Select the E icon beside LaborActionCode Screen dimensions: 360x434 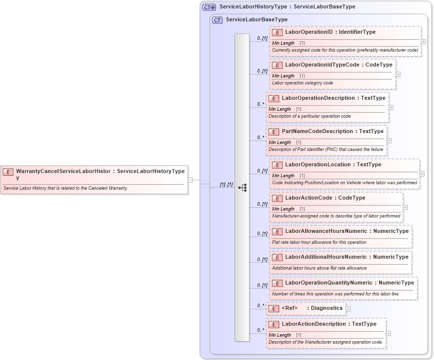coord(277,198)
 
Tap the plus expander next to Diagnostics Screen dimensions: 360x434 coord(348,308)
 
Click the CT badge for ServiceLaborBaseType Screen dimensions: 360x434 coord(217,20)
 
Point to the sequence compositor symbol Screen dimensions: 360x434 coord(243,187)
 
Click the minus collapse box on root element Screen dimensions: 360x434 coord(190,180)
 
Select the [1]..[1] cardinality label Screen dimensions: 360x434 coord(226,184)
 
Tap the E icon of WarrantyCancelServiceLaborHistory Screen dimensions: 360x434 coord(8,172)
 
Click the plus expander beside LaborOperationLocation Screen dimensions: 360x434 coord(422,174)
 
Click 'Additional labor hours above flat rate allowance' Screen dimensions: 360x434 coord(319,268)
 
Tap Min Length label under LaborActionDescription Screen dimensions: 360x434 coord(280,335)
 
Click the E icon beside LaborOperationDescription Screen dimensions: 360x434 coord(274,98)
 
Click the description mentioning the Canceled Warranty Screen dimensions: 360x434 coord(65,188)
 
